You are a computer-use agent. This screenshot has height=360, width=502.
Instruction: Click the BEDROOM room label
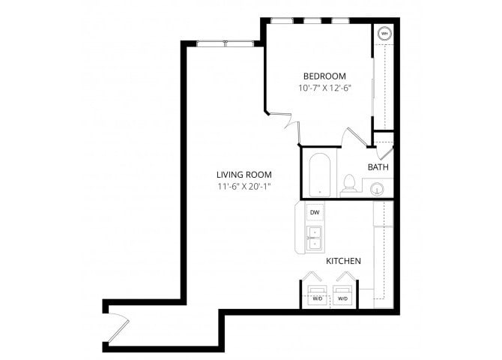pos(324,76)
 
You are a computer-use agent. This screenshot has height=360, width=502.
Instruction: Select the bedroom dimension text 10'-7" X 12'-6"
pos(324,88)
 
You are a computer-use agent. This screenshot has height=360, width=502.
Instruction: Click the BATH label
pos(377,167)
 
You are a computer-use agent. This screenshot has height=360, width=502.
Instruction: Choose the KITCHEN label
pos(344,261)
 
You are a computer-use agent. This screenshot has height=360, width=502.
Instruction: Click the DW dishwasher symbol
pos(315,213)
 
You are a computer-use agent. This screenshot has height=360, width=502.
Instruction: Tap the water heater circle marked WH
pos(384,34)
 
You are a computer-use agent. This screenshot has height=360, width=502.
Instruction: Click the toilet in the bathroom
pos(348,184)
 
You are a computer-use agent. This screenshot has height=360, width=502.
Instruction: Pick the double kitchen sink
pos(315,237)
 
